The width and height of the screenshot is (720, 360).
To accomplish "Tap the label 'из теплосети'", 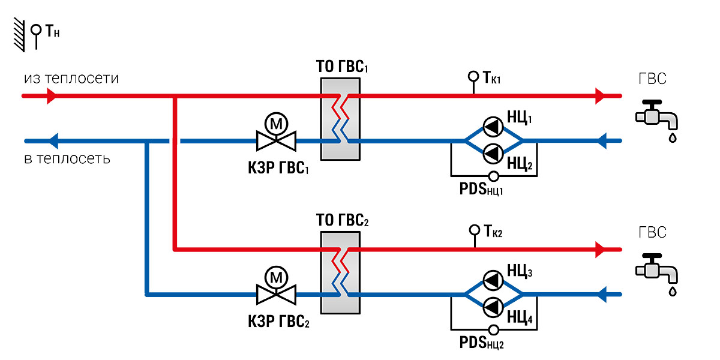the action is (x=71, y=79).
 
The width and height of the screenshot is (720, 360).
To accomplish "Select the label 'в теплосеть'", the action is (x=67, y=159).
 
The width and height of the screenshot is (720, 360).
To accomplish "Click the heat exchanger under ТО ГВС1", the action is (x=340, y=119).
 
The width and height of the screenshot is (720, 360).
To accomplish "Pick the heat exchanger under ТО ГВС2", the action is (x=340, y=272).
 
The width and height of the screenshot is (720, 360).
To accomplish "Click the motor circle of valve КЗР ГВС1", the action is (x=276, y=124).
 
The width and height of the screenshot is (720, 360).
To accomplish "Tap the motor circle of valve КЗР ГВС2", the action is (x=276, y=277).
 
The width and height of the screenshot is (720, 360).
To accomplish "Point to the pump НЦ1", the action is (x=493, y=127).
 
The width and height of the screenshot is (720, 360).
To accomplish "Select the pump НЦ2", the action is (x=493, y=154).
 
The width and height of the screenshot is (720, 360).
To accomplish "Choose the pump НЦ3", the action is (x=493, y=281).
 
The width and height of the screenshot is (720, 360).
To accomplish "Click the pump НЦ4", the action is (x=493, y=307).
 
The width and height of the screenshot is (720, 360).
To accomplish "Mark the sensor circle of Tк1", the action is (x=473, y=77).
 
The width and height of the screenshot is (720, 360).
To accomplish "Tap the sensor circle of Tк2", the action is (x=475, y=230).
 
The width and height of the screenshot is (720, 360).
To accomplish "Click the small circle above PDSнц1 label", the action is (x=494, y=176).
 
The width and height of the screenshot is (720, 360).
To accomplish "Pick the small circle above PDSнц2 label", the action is (x=494, y=330).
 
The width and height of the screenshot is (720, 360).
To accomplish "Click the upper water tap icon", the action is (x=656, y=116).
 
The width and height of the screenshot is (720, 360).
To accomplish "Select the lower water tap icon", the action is (x=656, y=269).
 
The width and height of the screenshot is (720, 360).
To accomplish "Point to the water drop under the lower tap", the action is (x=673, y=291).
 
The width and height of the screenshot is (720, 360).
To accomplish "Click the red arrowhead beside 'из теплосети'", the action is (x=52, y=96).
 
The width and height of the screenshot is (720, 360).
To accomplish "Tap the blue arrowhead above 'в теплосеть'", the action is (x=53, y=141).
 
